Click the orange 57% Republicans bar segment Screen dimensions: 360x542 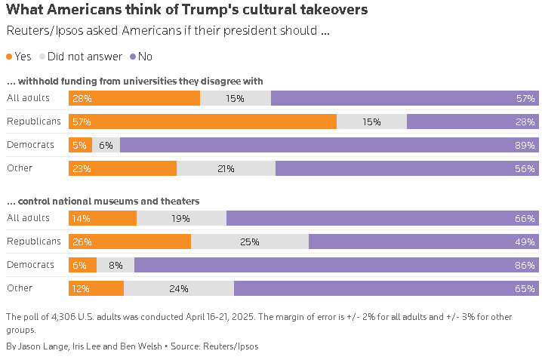click(x=202, y=122)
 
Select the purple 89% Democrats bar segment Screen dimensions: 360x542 click(x=328, y=145)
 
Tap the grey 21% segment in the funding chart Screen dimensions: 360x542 click(x=226, y=169)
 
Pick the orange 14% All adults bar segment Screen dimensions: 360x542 click(x=103, y=218)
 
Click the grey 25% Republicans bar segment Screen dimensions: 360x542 click(x=250, y=242)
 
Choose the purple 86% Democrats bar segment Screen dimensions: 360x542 click(x=336, y=265)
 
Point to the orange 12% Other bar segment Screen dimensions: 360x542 click(x=96, y=288)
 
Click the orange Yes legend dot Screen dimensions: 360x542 click(x=9, y=57)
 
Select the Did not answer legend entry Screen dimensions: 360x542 click(x=84, y=57)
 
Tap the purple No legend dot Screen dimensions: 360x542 click(x=134, y=57)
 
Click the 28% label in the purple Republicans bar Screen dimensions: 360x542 click(x=525, y=122)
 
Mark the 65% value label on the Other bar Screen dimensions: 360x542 click(x=525, y=288)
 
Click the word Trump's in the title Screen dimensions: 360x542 click(x=205, y=10)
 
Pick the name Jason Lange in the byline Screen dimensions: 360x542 click(x=42, y=346)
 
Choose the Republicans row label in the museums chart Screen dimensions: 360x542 click(x=33, y=242)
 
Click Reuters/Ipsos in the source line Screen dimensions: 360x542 click(x=232, y=346)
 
